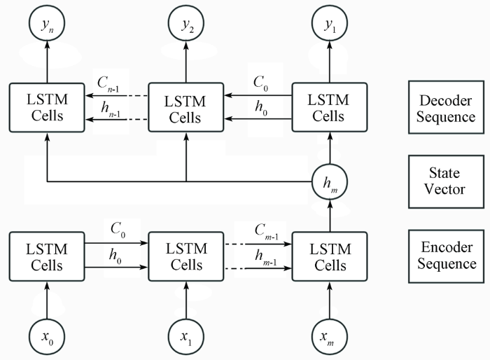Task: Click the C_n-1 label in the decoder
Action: tap(108, 84)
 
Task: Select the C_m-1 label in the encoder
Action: tap(266, 231)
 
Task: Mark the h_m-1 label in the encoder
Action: tap(266, 257)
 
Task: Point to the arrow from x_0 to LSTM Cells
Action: tap(47, 300)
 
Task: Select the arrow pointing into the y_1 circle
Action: tap(330, 62)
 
